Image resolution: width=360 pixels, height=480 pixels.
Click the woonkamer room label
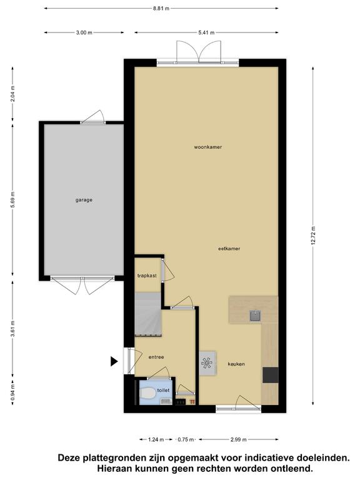(x=208, y=147)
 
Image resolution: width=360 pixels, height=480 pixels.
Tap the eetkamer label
(x=229, y=249)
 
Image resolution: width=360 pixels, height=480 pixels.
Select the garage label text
(x=84, y=200)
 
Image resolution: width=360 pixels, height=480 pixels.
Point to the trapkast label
(x=147, y=276)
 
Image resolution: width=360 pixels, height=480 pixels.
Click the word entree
(x=156, y=357)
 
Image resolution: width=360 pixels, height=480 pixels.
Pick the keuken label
(x=236, y=364)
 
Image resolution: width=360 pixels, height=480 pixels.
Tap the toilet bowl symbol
(x=147, y=393)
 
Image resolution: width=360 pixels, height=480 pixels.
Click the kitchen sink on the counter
(x=255, y=316)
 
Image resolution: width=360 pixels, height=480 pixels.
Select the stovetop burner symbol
(x=207, y=363)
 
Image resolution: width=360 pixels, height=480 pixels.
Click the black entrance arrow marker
(x=114, y=361)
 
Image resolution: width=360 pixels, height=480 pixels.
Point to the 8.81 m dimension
(x=161, y=9)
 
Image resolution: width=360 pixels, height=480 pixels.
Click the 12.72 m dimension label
(x=313, y=236)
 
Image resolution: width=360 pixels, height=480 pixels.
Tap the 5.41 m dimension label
(x=206, y=32)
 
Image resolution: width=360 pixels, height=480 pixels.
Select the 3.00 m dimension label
(x=84, y=32)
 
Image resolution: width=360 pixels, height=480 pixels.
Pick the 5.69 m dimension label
(x=12, y=199)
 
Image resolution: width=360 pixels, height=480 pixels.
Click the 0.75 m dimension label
(x=186, y=439)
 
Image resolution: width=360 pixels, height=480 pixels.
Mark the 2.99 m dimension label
(x=239, y=439)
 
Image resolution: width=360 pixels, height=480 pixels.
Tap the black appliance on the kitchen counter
(x=271, y=375)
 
